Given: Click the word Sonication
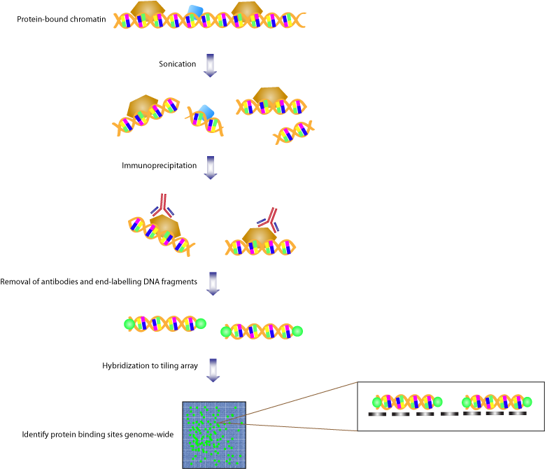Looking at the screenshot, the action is coord(177,64).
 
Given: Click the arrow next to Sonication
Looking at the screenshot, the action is coord(210,65).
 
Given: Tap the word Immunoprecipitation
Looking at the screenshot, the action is coord(160,165).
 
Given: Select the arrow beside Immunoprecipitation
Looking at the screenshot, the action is coord(211,167).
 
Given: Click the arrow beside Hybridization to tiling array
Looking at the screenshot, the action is coord(213,370).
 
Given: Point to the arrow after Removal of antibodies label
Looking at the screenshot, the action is coord(213,283).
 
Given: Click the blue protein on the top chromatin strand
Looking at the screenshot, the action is coord(194,10).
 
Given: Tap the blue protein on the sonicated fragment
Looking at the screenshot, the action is coord(206,111).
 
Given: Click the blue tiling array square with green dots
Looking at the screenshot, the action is coord(214,435).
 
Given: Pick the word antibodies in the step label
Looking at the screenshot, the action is coord(59,281).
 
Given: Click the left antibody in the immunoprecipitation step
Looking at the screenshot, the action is coord(162,206).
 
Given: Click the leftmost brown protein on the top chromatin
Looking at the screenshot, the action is coord(148,10).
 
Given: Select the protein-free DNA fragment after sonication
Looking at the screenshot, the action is coord(294,132).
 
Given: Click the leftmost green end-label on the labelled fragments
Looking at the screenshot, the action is coord(129,324).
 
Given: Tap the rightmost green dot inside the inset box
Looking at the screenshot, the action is coord(527,402).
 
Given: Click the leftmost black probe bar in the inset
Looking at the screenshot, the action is coord(377,414).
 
